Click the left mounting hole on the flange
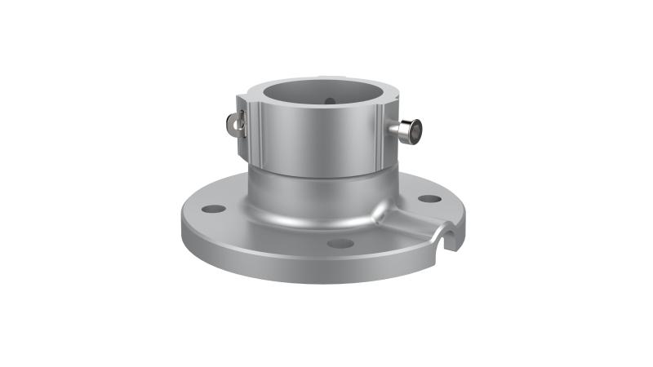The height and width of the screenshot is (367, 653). (x=213, y=209)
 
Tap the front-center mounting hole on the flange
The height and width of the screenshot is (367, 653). (x=340, y=243)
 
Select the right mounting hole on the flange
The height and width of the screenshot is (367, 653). (x=429, y=198)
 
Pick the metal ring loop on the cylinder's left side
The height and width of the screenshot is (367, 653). (x=232, y=123)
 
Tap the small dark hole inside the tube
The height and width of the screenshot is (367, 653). (x=329, y=101)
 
